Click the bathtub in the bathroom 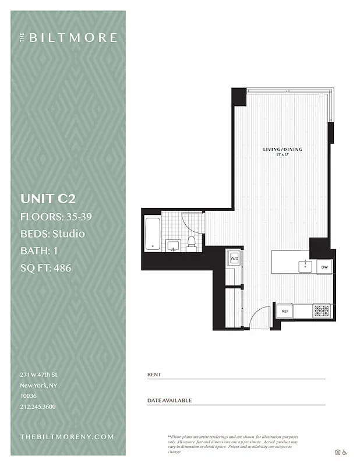pos(152,233)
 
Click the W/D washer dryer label pos(234,257)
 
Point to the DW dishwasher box pos(324,267)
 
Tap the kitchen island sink pos(306,266)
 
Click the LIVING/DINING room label pos(283,150)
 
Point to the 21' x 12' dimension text pos(283,155)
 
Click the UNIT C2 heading pos(48,199)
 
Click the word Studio pos(68,234)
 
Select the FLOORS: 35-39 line pos(56,217)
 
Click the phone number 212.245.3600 pos(38,407)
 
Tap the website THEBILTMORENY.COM pos(67,436)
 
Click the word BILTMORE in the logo pos(73,38)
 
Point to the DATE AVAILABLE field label pos(170,401)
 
